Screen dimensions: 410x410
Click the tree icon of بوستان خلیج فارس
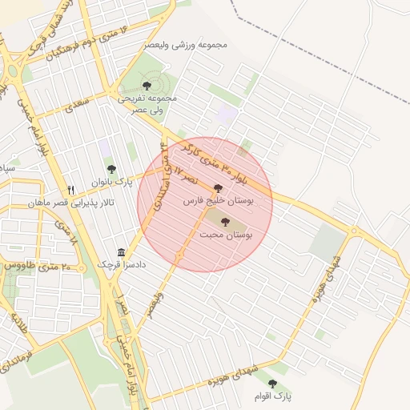(x=218, y=188)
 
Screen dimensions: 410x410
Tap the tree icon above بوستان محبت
(x=224, y=222)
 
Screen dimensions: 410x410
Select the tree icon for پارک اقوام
(x=272, y=384)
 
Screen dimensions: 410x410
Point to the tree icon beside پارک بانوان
(x=111, y=169)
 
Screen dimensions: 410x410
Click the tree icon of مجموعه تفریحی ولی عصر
(x=146, y=85)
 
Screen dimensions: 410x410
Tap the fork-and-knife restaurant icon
(x=71, y=190)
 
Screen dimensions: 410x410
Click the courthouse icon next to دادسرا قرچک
(x=121, y=251)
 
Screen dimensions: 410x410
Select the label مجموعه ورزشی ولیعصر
(x=186, y=45)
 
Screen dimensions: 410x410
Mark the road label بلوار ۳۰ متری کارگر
(x=211, y=161)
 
